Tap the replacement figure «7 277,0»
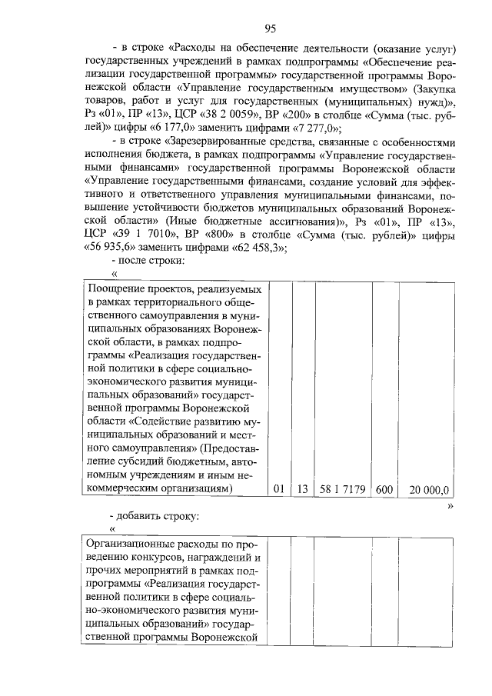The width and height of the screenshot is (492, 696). click(313, 128)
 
